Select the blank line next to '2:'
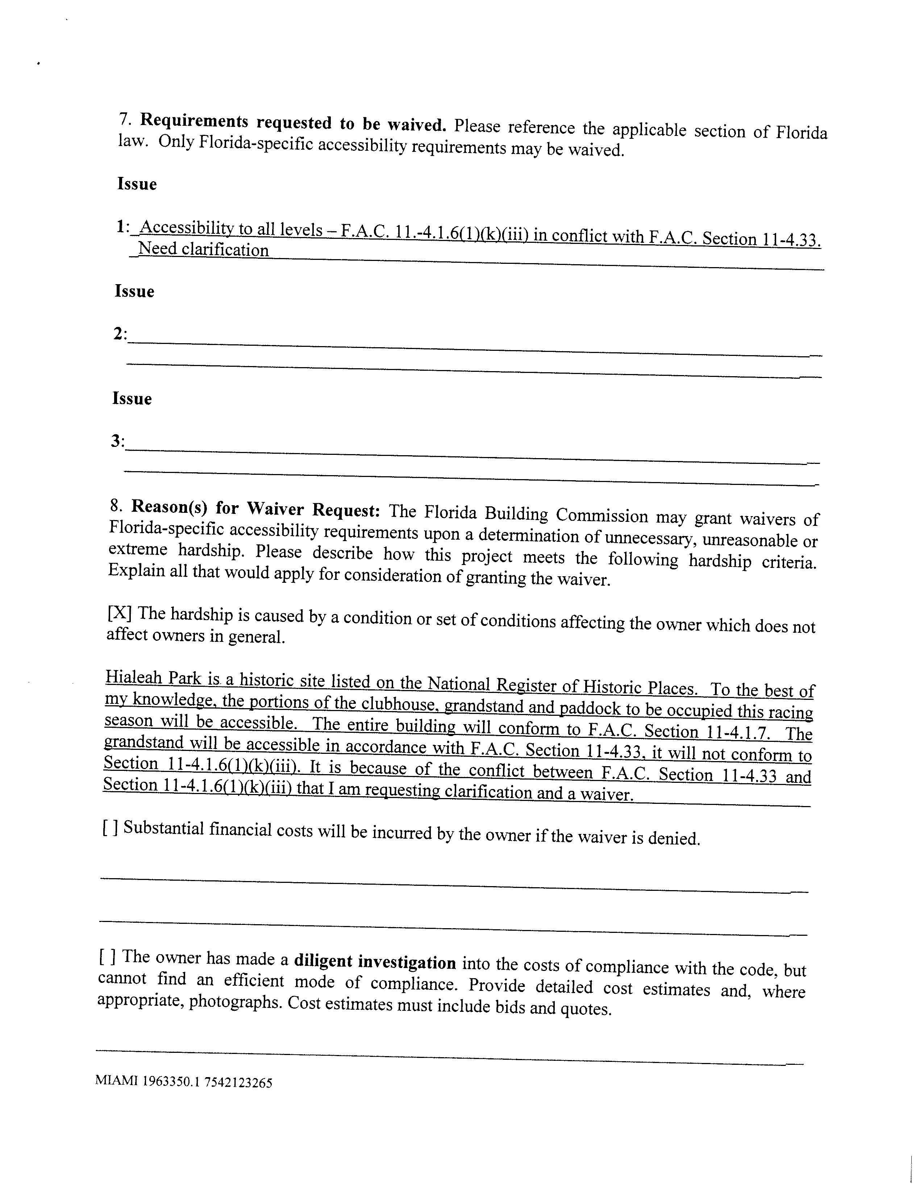coord(471,347)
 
